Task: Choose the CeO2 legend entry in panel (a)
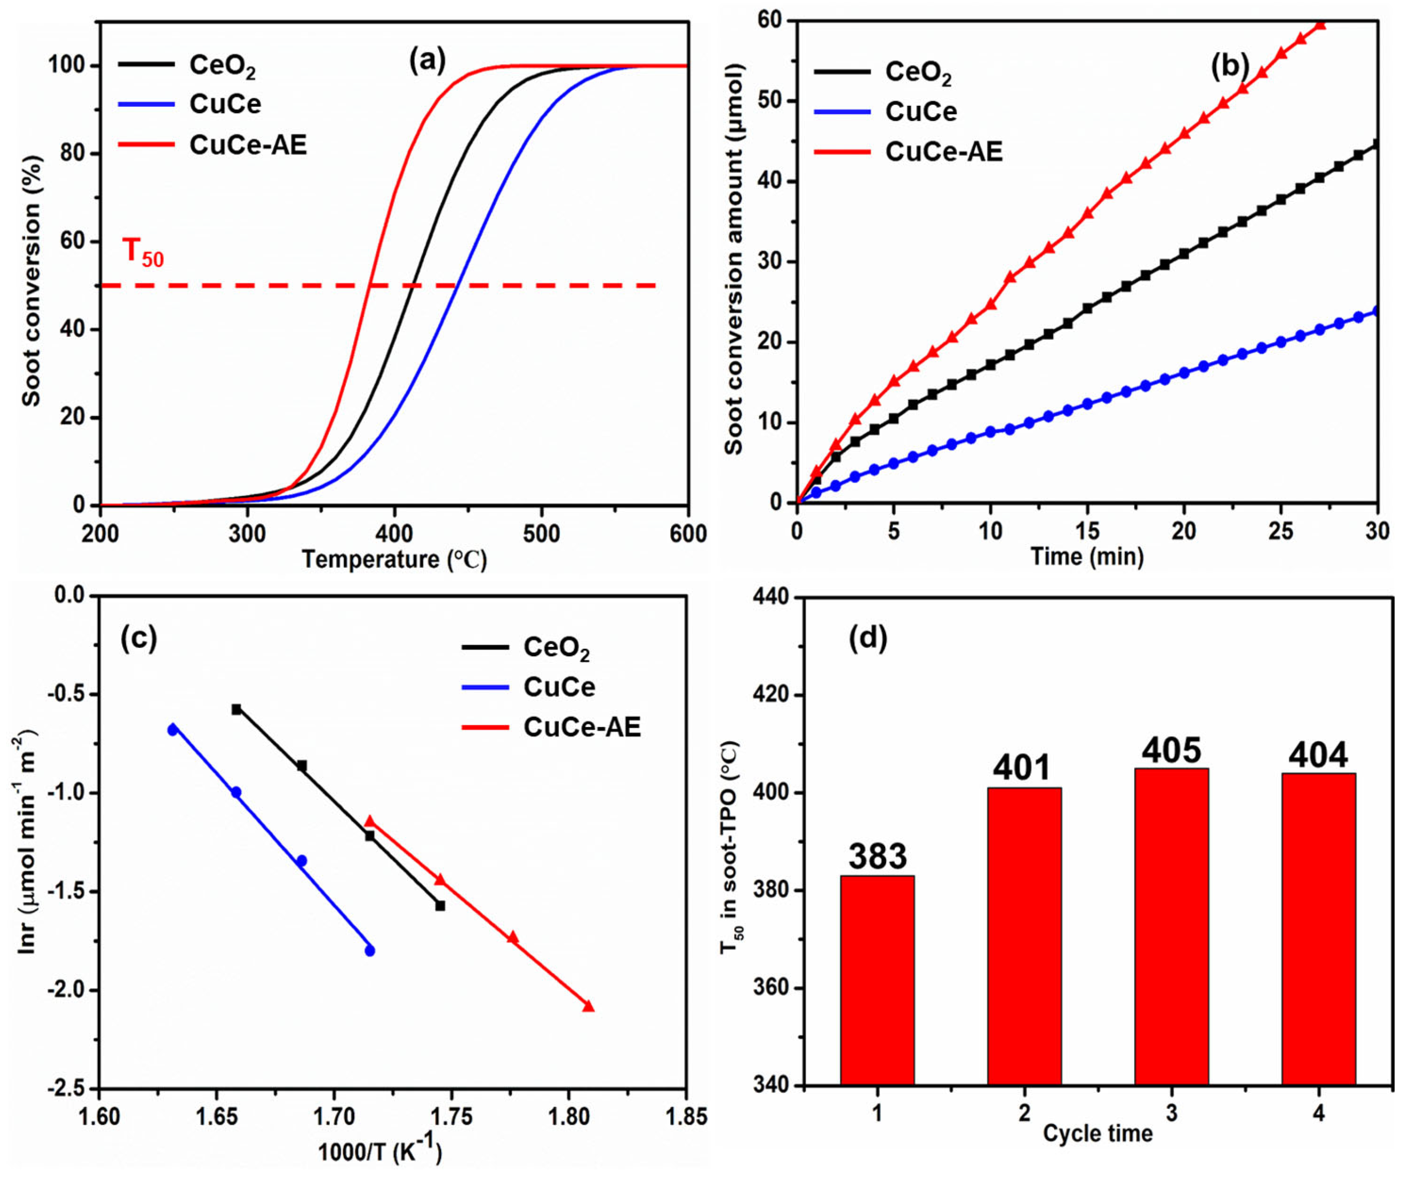222,65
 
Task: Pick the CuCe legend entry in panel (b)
920,112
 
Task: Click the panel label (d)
867,637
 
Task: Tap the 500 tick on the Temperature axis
541,534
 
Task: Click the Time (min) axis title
1087,556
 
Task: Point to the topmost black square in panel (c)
237,709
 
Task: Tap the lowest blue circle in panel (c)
369,951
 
